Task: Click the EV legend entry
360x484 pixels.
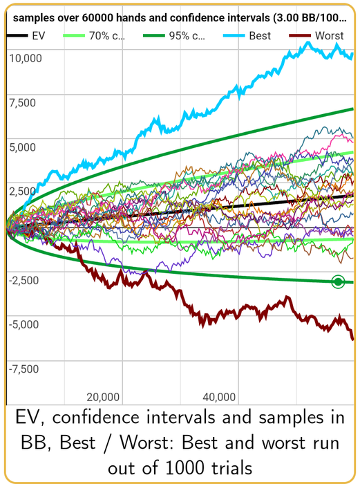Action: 26,35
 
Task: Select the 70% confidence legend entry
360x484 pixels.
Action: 94,35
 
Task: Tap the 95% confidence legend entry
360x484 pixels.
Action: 174,35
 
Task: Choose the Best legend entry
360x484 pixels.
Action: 247,35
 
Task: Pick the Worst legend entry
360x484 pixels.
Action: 316,35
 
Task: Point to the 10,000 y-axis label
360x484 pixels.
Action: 26,58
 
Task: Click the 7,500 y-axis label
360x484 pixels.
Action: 22,102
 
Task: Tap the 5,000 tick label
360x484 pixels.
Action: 22,147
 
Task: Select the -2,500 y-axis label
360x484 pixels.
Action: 23,280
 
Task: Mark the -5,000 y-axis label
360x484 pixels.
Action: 23,324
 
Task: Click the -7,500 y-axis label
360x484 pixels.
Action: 23,369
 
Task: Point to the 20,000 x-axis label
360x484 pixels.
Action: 103,397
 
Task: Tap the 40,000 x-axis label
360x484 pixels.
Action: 219,397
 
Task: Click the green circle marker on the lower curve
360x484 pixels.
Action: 338,281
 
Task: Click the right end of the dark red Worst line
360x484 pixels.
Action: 353,339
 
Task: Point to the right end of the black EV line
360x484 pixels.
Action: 353,196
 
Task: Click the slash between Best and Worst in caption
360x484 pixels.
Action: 107,443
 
